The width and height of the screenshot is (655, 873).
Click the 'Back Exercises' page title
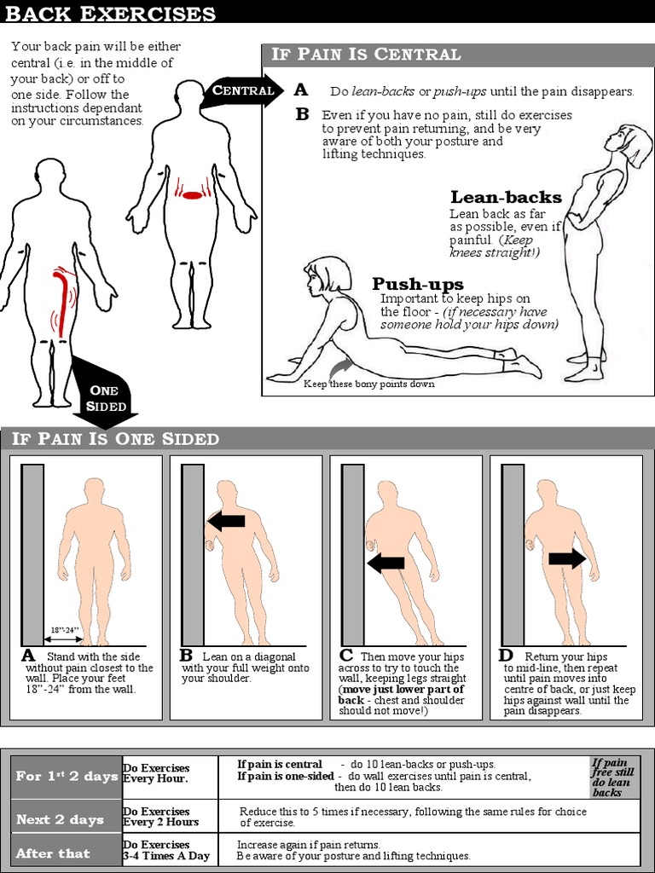108,14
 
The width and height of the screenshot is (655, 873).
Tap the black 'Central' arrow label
243,90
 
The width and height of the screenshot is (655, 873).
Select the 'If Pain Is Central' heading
366,55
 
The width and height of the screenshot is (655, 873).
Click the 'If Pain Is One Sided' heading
116,439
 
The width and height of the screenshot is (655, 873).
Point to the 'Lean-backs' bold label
506,198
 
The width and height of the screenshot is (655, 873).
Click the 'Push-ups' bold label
418,284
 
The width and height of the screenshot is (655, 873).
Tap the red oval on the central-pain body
194,195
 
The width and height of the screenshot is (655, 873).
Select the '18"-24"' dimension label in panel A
65,630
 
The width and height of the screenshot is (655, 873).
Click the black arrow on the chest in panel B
227,519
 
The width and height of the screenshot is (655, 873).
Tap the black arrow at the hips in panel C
385,562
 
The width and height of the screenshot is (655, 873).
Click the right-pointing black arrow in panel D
565,558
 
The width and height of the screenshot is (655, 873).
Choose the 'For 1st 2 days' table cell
66,777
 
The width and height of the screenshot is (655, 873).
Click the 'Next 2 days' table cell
60,819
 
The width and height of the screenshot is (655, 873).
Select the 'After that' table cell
53,853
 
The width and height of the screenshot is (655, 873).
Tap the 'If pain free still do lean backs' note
614,777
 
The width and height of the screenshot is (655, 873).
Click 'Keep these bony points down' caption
369,384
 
